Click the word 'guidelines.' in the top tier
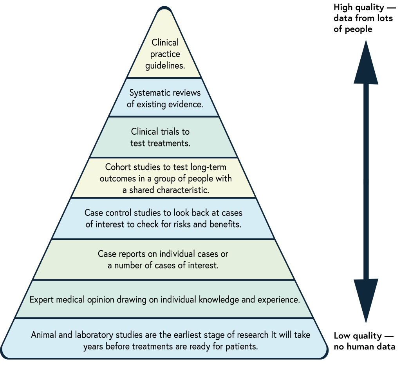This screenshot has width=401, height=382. click(165, 65)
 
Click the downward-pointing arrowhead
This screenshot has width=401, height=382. click(366, 300)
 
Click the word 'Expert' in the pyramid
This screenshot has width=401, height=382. click(42, 300)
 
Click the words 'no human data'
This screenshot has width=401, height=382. click(364, 347)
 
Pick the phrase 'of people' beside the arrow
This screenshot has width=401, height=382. click(353, 29)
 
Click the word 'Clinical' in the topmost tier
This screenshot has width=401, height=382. click(165, 42)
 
